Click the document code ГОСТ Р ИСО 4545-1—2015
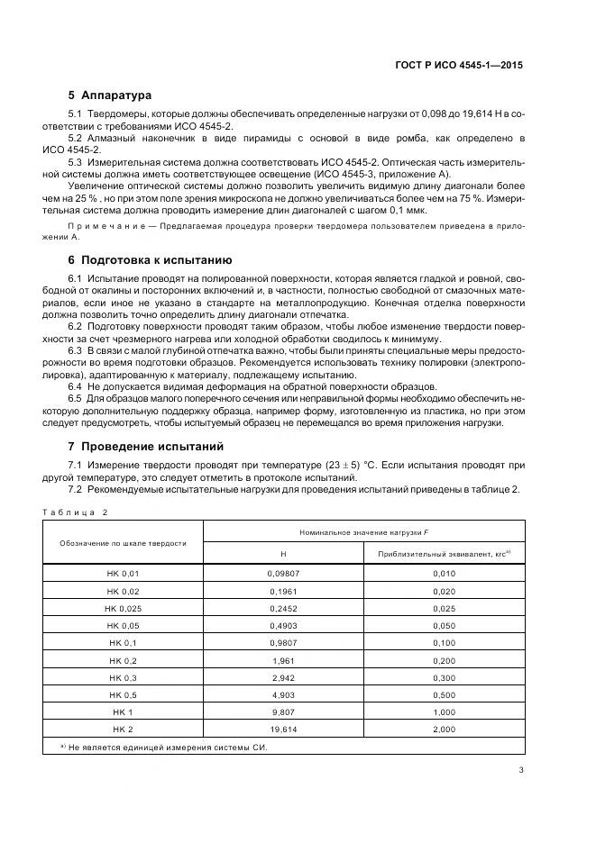pos(460,65)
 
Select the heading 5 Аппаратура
pos(110,95)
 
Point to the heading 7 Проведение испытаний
pos(142,446)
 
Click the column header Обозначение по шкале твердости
pos(123,543)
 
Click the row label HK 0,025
pos(123,609)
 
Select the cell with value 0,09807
pos(284,574)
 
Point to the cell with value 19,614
pos(284,729)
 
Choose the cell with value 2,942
pos(284,677)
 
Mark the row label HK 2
pos(123,729)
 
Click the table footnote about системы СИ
pos(162,748)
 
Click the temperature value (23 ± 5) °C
pos(350,465)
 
